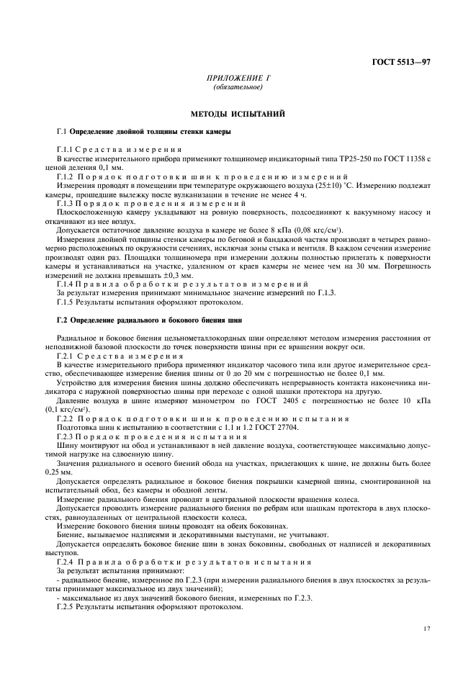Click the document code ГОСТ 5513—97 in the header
(402, 63)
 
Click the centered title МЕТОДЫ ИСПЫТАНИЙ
(238, 114)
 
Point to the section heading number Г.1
(62, 133)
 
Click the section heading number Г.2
(62, 319)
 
